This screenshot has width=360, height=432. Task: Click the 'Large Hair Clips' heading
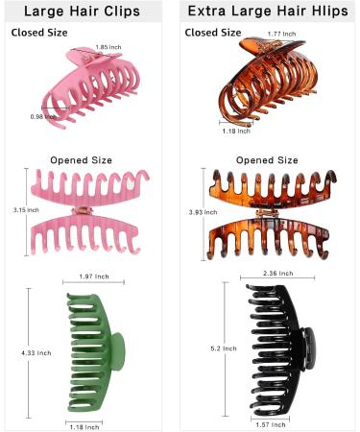click(89, 12)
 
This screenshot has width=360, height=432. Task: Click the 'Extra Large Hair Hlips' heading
click(270, 12)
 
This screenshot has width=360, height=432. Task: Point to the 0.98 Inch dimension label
click(41, 116)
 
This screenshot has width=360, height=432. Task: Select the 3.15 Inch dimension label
click(13, 208)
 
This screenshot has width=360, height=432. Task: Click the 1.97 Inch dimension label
click(94, 276)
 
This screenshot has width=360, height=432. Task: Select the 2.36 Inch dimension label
click(275, 273)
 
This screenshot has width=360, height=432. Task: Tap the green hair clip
click(93, 349)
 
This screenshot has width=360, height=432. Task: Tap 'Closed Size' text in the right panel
click(212, 32)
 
